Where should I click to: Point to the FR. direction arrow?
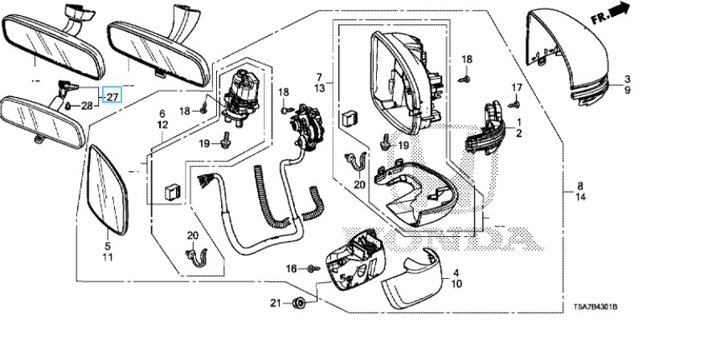(x=620, y=12)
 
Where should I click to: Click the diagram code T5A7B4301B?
(x=600, y=306)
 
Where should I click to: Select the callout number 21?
(x=276, y=303)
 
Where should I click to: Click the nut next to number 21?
(x=299, y=303)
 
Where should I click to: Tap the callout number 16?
(x=291, y=268)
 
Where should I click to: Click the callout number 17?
(x=517, y=88)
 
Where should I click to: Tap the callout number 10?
(x=456, y=284)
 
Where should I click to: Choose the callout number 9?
(x=628, y=91)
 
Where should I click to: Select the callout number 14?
(x=579, y=197)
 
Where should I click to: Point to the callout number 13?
(x=319, y=86)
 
